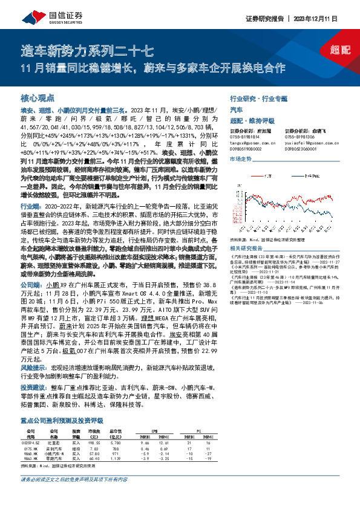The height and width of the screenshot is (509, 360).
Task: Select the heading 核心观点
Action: tap(38, 97)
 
